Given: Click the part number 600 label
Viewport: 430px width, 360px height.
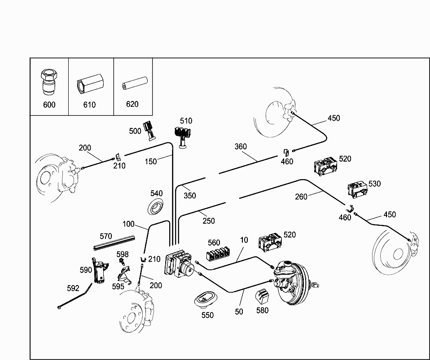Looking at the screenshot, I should pos(49,105).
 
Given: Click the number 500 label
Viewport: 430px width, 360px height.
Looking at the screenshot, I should pos(135,131).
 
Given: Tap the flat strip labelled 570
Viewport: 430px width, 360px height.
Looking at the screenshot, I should pos(114,242).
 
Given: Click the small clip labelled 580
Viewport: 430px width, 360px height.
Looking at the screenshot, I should pos(262,296).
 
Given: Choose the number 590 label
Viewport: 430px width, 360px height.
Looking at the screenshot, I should pos(86,270).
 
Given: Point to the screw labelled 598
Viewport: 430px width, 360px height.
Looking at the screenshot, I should pos(121,262).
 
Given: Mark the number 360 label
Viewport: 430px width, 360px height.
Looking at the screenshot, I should pos(241,146).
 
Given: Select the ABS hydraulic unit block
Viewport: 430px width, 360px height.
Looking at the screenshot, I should pos(179,265).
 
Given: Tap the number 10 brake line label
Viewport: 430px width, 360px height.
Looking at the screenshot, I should pos(244,240).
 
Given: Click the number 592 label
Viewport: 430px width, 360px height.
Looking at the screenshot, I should pos(73,288).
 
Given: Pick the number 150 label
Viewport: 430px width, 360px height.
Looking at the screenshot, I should pos(151,161).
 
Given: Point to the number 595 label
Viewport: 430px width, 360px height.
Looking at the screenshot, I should pos(118,286).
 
